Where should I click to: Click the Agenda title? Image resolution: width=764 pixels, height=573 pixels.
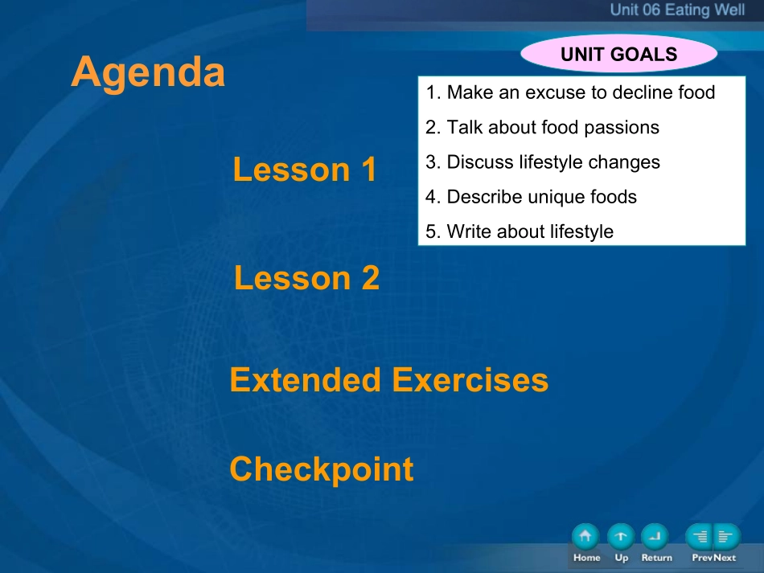pyautogui.click(x=148, y=72)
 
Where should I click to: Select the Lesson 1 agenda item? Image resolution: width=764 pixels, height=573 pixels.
pyautogui.click(x=305, y=170)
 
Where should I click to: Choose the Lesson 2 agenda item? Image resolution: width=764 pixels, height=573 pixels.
pyautogui.click(x=306, y=277)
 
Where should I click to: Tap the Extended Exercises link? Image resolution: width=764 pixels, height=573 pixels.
pyautogui.click(x=388, y=380)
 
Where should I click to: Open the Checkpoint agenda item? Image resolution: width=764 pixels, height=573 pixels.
pyautogui.click(x=322, y=469)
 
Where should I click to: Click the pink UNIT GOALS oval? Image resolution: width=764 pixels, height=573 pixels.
pyautogui.click(x=618, y=54)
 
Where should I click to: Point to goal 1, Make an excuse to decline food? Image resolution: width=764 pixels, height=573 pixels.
pyautogui.click(x=570, y=92)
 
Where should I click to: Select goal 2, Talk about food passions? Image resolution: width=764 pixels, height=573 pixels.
pyautogui.click(x=542, y=127)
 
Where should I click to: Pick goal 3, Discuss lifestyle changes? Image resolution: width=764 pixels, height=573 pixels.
pyautogui.click(x=542, y=162)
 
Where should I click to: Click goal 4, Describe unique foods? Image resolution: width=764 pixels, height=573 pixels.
pyautogui.click(x=531, y=197)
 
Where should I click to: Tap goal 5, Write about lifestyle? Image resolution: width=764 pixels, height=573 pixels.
pyautogui.click(x=519, y=231)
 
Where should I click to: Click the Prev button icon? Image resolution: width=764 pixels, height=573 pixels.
pyautogui.click(x=699, y=537)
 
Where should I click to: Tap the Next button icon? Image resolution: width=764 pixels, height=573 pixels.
pyautogui.click(x=727, y=537)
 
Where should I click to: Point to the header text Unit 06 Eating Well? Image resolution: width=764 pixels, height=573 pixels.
pyautogui.click(x=677, y=10)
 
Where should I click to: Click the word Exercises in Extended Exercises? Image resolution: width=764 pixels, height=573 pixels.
pyautogui.click(x=470, y=380)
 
